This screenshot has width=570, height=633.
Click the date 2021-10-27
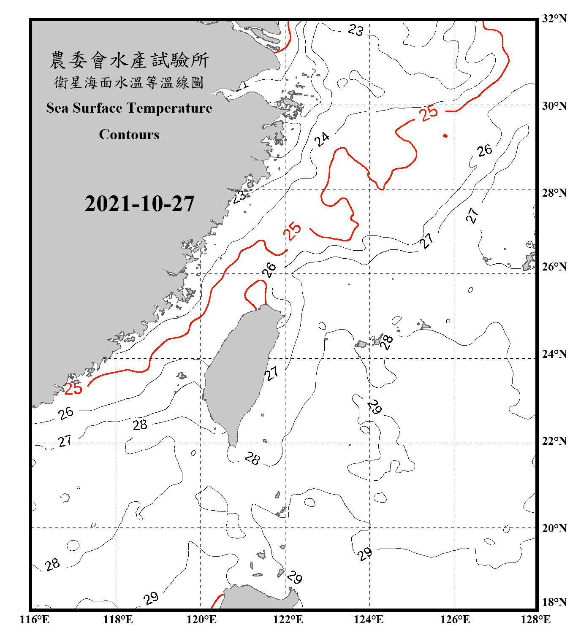coord(139,204)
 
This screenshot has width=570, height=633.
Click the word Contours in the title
coord(129,135)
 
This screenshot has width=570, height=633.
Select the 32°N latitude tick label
coord(554,19)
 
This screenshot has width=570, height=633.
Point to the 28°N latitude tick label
coord(554,193)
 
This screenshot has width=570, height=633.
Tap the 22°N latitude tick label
coord(554,441)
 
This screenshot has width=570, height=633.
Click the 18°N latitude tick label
coord(554,602)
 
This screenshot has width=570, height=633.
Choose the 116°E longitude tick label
coord(35,620)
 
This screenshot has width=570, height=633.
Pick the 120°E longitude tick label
coord(201,620)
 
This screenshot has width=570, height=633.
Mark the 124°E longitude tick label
coord(369,620)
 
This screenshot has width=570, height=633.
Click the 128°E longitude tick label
coord(535,620)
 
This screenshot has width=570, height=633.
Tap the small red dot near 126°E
coord(445,136)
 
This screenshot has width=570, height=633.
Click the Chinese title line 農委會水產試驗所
coord(129,60)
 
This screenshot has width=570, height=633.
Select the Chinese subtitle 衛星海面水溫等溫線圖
coord(129,83)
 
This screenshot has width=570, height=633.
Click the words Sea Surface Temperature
coord(129,108)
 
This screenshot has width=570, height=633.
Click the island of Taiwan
coord(241,371)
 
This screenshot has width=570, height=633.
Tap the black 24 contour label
coord(322,139)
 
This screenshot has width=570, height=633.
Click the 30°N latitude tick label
coord(554,106)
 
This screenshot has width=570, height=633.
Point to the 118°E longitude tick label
coord(118,620)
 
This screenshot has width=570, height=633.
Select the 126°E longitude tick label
coord(455,620)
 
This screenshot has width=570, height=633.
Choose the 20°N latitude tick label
coord(554,528)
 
